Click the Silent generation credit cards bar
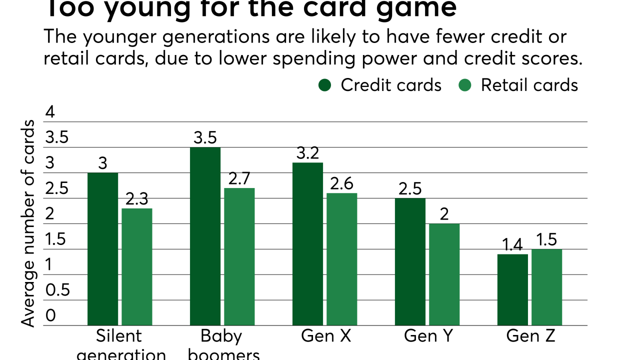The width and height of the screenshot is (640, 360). pyautogui.click(x=102, y=249)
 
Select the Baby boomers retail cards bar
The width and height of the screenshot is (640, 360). pyautogui.click(x=239, y=257)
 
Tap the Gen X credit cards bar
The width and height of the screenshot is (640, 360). pyautogui.click(x=307, y=244)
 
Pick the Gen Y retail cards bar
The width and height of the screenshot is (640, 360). pyautogui.click(x=444, y=274)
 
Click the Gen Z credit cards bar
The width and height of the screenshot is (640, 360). pyautogui.click(x=512, y=290)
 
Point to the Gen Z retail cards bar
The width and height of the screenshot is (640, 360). pyautogui.click(x=546, y=287)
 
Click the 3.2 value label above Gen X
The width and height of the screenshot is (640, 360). pyautogui.click(x=307, y=153)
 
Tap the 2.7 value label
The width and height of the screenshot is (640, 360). pyautogui.click(x=239, y=178)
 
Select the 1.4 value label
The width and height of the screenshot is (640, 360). pyautogui.click(x=512, y=245)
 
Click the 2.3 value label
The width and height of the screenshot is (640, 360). pyautogui.click(x=137, y=199)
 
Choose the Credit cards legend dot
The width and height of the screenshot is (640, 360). pyautogui.click(x=325, y=85)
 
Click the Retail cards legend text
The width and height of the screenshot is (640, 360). pyautogui.click(x=529, y=85)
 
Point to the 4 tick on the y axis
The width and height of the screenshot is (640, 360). pyautogui.click(x=49, y=112)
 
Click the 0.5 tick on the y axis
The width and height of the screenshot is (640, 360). pyautogui.click(x=57, y=290)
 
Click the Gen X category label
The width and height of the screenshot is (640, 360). pyautogui.click(x=325, y=336)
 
